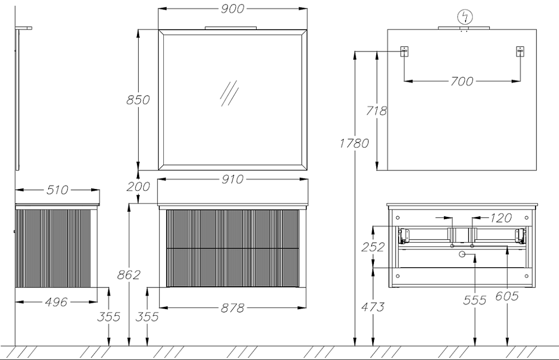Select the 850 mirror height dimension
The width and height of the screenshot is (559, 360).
point(138,100)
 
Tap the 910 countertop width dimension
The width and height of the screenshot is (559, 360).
point(232,179)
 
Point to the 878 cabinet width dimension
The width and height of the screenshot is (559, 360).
point(231,307)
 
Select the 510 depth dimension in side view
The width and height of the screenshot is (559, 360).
point(57,190)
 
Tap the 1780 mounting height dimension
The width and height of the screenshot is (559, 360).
point(354,143)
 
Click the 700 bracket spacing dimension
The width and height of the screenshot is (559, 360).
point(461,82)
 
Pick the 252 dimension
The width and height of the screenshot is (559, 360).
point(373,247)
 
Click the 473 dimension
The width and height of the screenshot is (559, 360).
point(373,306)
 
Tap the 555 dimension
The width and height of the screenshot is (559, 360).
point(475,300)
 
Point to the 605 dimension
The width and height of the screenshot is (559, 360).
point(507,296)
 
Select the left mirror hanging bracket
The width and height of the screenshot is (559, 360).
point(404,52)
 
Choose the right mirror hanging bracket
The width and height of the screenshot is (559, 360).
point(519,52)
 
